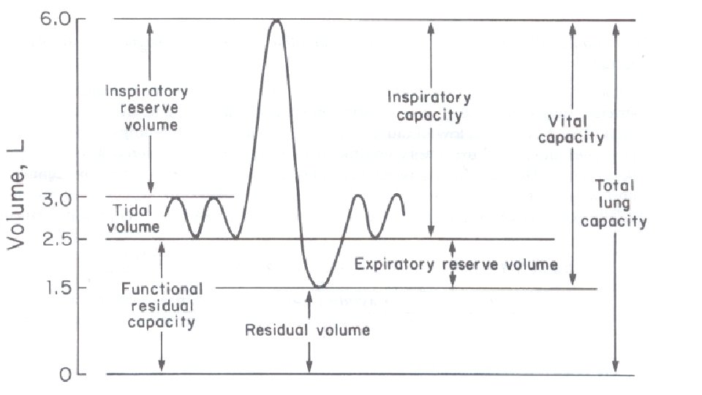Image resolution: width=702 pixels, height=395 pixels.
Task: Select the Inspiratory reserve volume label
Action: coord(146,108)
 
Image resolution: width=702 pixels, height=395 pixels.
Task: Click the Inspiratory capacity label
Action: coord(429,106)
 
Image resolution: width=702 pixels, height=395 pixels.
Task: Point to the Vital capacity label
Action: coord(576,129)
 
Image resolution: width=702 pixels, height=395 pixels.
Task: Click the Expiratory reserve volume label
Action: coord(456,264)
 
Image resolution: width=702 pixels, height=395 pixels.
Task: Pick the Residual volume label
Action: coord(307,330)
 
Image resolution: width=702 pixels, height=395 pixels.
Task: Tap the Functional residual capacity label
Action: coord(162,305)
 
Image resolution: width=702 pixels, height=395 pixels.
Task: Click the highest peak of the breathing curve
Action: coord(276,20)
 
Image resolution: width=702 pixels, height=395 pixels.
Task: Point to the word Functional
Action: coord(162,289)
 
